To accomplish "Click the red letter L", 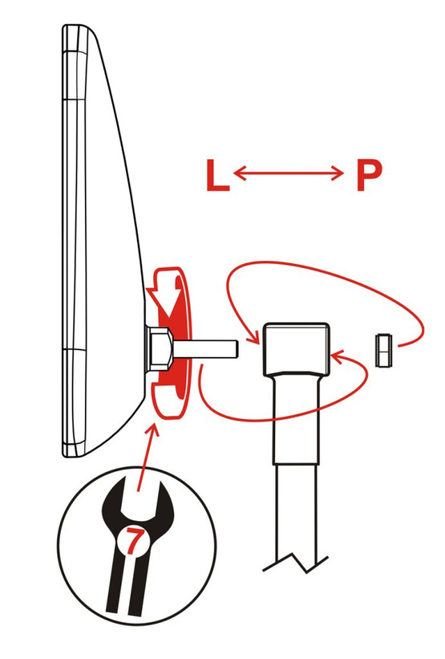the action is [217, 175].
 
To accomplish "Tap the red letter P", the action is [369, 175].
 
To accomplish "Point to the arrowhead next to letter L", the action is [238, 173].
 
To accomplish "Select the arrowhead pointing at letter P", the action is [338, 173].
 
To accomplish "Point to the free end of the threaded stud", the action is [237, 348].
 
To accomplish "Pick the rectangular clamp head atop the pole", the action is [296, 348].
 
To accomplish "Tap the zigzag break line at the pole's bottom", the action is [295, 563].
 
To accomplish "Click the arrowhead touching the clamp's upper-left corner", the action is [253, 336].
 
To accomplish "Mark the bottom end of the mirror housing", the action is [75, 455].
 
